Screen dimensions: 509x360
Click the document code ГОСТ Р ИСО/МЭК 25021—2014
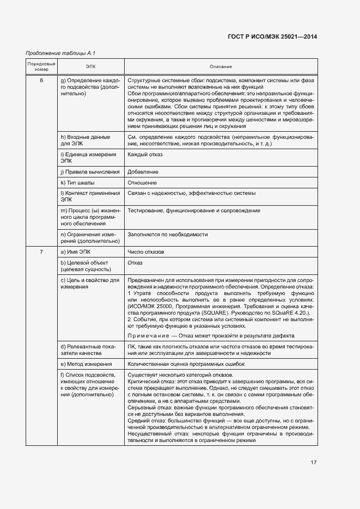point(272,36)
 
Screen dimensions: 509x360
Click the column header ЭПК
point(90,66)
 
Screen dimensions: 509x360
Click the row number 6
point(41,81)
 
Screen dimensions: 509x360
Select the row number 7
point(41,252)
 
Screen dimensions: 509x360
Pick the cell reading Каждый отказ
point(144,155)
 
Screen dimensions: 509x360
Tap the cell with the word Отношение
point(142,182)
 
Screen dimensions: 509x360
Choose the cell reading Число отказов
point(145,252)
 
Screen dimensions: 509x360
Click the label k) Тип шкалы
point(77,182)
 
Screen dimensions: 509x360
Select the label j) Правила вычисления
point(90,171)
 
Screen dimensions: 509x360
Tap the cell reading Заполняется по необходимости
point(168,234)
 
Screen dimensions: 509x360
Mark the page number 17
point(314,462)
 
